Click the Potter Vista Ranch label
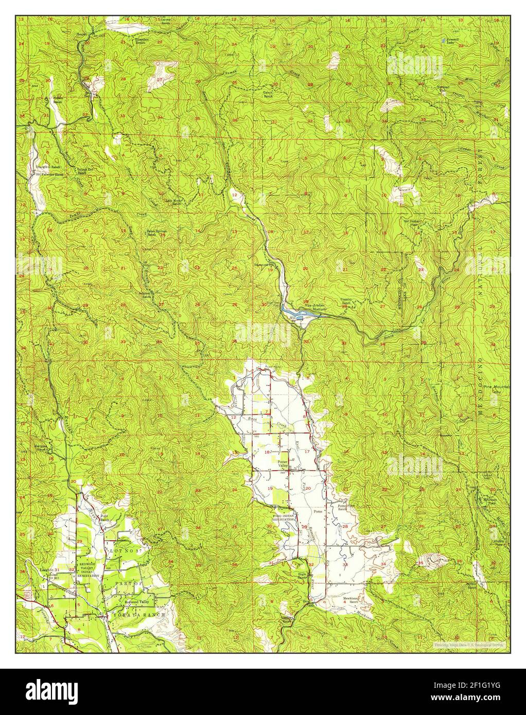click(344, 507)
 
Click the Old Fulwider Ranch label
click(49, 174)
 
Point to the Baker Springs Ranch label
click(156, 233)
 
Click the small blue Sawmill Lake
click(443, 39)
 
